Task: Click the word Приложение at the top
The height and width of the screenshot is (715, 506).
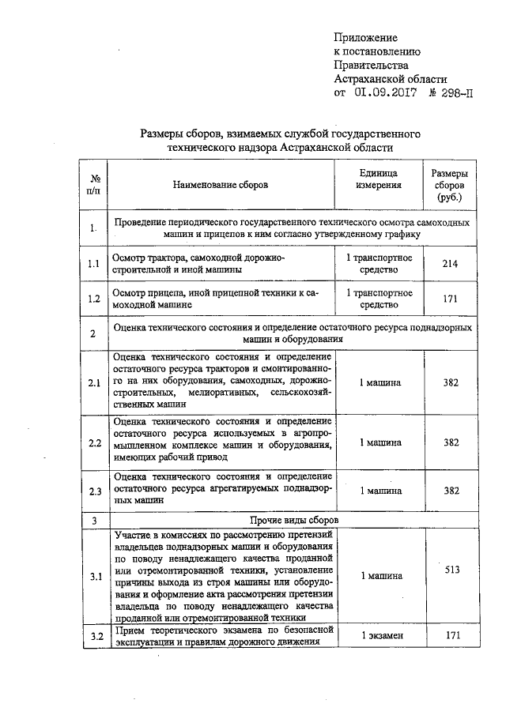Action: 365,37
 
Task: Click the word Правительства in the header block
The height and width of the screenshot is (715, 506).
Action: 371,66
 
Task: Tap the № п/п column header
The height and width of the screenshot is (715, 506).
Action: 93,185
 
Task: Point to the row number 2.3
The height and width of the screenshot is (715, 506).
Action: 94,491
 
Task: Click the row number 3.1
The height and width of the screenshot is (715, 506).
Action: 94,576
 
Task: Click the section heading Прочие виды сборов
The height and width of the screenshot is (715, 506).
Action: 294,521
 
